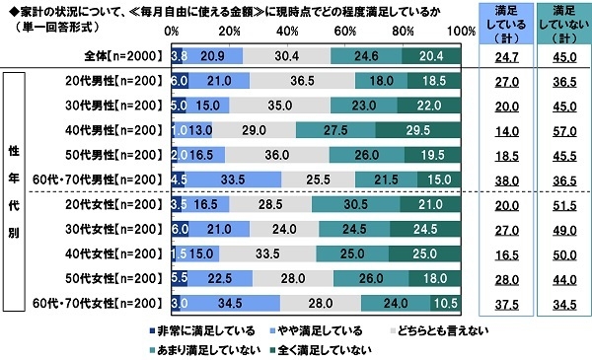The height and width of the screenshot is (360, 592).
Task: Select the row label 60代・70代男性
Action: (x=109, y=179)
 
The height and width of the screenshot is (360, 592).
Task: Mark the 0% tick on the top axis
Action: (x=172, y=32)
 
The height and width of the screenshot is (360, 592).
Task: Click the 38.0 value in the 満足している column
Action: (x=499, y=179)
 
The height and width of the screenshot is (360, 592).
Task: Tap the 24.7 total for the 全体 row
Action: (x=499, y=55)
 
